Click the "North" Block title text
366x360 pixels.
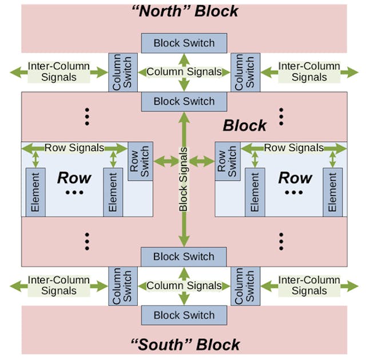point(184,11)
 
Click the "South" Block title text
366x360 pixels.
point(184,345)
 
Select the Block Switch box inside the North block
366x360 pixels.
point(184,43)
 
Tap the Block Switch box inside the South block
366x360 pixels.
point(184,315)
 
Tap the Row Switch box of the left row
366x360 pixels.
point(141,161)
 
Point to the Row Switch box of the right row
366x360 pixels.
point(227,161)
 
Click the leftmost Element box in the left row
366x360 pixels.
point(35,192)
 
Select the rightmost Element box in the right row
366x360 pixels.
point(332,192)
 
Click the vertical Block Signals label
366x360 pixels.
point(184,179)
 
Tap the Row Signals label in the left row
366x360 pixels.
point(74,148)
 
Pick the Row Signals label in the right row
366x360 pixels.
point(293,148)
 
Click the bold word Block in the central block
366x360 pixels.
point(245,125)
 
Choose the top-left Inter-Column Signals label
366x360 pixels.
point(59,72)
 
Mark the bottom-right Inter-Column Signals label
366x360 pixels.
point(309,285)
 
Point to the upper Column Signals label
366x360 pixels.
point(184,72)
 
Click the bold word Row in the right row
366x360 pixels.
point(295,177)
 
